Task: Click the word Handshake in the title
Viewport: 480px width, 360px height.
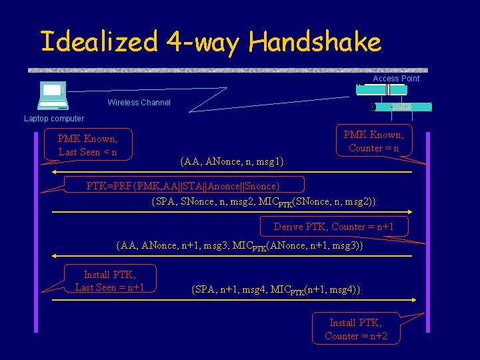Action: pos(315,42)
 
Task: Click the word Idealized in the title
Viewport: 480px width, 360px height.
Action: pos(99,42)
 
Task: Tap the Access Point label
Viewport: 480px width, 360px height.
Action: pos(396,79)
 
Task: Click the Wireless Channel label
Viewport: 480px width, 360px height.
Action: pos(139,103)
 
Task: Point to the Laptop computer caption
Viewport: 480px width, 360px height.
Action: pos(54,119)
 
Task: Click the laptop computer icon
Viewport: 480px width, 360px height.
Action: pos(53,95)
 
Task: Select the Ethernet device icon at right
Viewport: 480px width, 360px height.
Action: pos(402,107)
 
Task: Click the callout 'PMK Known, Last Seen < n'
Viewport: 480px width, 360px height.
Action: pos(88,145)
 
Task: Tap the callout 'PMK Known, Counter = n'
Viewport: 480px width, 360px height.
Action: pos(373,141)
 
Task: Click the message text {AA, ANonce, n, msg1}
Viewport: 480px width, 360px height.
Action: pos(231,161)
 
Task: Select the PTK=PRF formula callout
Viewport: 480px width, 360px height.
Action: pos(183,185)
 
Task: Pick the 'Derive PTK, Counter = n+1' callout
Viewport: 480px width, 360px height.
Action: pos(333,227)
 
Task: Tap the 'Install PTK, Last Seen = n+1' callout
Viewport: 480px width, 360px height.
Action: pos(110,280)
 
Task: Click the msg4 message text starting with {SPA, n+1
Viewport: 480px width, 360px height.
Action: pos(275,289)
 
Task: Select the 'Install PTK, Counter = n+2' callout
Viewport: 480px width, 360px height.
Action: pos(356,329)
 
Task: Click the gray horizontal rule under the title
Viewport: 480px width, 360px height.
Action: pos(227,69)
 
